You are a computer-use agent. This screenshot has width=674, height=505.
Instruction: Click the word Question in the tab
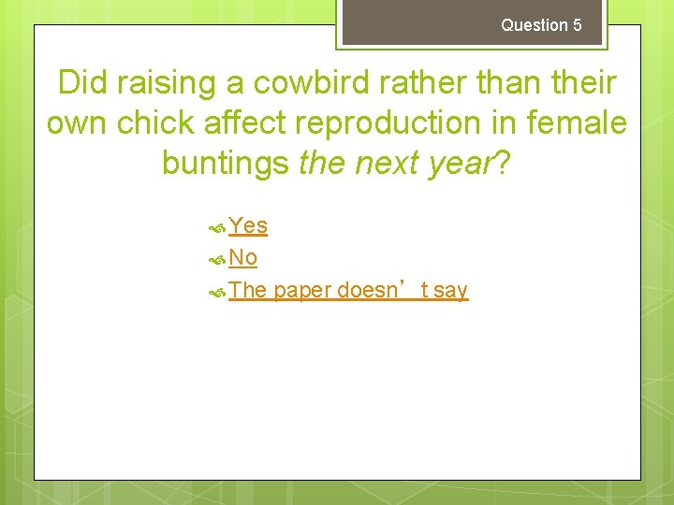(535, 25)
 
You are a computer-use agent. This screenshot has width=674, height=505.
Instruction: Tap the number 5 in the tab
(577, 25)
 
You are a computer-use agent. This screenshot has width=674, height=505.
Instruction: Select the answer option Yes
(248, 225)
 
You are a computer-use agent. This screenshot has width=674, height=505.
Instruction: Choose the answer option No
(242, 257)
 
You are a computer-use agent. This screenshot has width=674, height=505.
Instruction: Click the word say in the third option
(450, 290)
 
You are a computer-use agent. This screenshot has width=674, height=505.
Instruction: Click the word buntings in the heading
(225, 163)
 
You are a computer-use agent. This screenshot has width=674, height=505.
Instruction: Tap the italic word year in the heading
(458, 163)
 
